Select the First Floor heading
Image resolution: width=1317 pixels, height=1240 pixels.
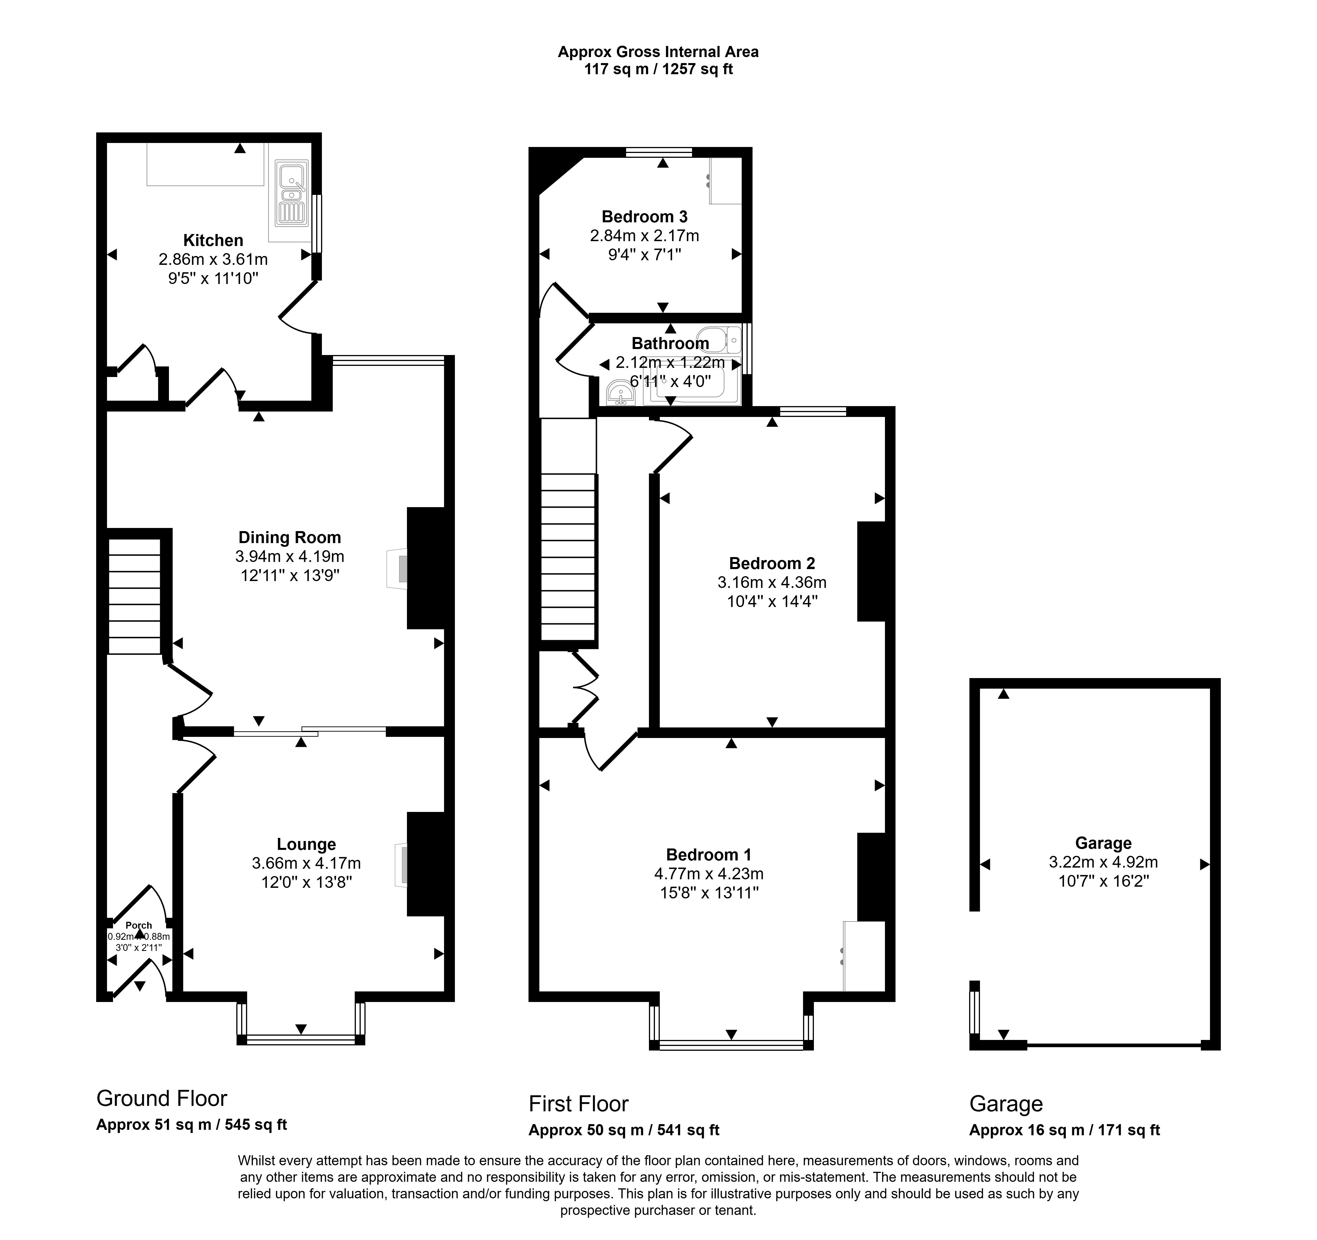tap(578, 1104)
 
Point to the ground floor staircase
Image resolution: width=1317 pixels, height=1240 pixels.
tap(134, 596)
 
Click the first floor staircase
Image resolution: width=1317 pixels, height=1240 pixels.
tap(568, 557)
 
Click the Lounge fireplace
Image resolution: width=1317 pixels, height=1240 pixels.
tap(402, 864)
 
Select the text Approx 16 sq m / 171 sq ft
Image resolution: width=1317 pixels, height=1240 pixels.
tap(1065, 1130)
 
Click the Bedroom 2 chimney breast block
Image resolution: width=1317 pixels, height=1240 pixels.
tap(871, 572)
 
